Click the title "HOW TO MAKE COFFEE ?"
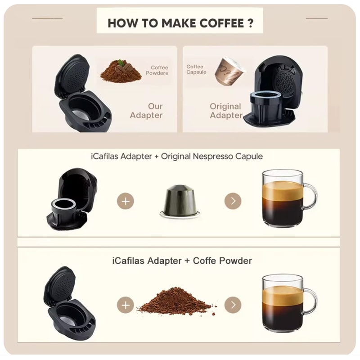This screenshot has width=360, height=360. (180, 23)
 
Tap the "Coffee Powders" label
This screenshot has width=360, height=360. (157, 70)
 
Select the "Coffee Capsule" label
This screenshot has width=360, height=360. (196, 69)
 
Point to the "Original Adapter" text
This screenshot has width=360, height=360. (225, 111)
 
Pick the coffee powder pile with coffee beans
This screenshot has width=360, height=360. (120, 72)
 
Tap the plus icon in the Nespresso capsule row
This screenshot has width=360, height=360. (125, 201)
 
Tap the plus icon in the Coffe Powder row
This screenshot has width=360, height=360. (125, 305)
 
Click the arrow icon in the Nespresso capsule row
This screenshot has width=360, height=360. (233, 201)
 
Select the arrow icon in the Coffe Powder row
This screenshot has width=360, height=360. (233, 305)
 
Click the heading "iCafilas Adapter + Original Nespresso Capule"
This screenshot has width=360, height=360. (180, 157)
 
